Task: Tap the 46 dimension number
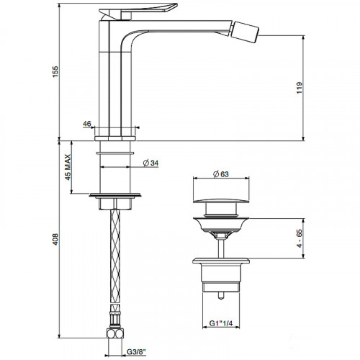(x=87, y=125)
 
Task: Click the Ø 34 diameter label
(x=150, y=163)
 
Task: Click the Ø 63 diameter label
(x=222, y=174)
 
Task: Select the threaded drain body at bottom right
(x=222, y=276)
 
